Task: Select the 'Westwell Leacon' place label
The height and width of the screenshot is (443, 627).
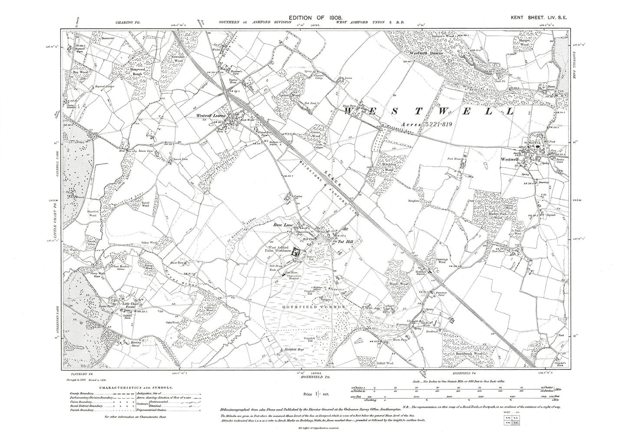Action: click(212, 116)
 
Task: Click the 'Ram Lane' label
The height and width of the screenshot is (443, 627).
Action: click(281, 225)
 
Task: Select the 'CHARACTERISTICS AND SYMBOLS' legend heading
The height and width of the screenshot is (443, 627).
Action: click(136, 387)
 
